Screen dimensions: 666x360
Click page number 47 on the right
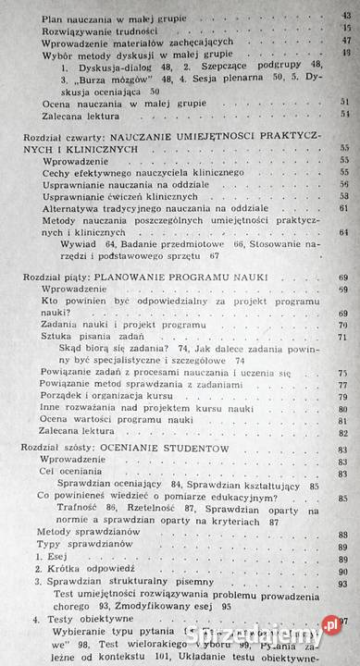[345, 41]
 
